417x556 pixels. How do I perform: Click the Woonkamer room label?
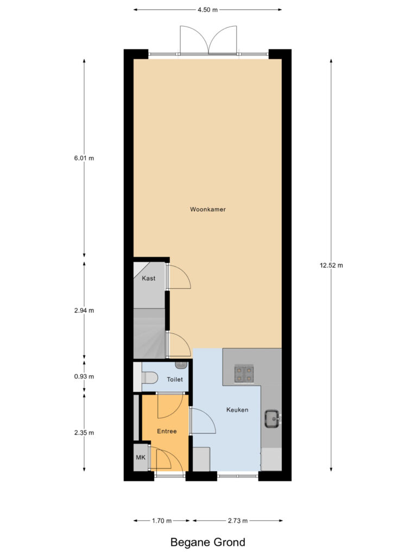pos(208,209)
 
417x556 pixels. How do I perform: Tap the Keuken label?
pos(237,410)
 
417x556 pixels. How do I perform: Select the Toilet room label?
pos(175,380)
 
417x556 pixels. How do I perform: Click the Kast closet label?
pos(149,279)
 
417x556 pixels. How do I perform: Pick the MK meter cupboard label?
pos(141,458)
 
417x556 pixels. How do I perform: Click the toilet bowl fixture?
pos(149,376)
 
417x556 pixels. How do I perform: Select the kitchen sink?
pos(272,418)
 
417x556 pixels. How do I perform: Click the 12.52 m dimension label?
pos(331,266)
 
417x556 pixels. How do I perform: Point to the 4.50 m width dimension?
pos(207,9)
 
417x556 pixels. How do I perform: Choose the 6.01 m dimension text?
pos(84,159)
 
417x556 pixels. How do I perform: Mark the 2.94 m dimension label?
pos(84,311)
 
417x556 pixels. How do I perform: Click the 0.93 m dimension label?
pos(84,376)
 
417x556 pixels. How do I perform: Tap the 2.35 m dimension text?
pos(84,433)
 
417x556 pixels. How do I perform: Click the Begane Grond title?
pos(208,542)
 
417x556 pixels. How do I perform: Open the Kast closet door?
pos(178,277)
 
